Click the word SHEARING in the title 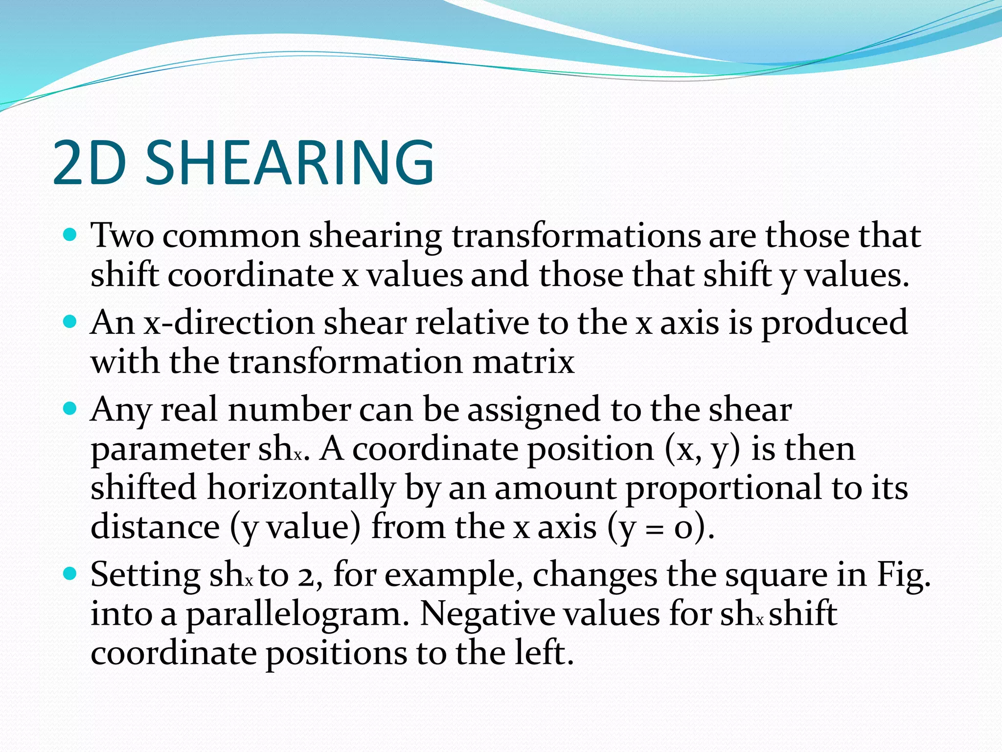pyautogui.click(x=290, y=163)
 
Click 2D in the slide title pyautogui.click(x=90, y=163)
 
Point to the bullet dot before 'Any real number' pyautogui.click(x=71, y=408)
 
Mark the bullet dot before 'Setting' pyautogui.click(x=71, y=573)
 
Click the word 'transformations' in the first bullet pyautogui.click(x=576, y=236)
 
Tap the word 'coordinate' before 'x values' pyautogui.click(x=251, y=276)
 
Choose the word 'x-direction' pyautogui.click(x=229, y=323)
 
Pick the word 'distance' pyautogui.click(x=155, y=527)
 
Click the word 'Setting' pyautogui.click(x=145, y=575)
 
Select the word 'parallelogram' pyautogui.click(x=297, y=615)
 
